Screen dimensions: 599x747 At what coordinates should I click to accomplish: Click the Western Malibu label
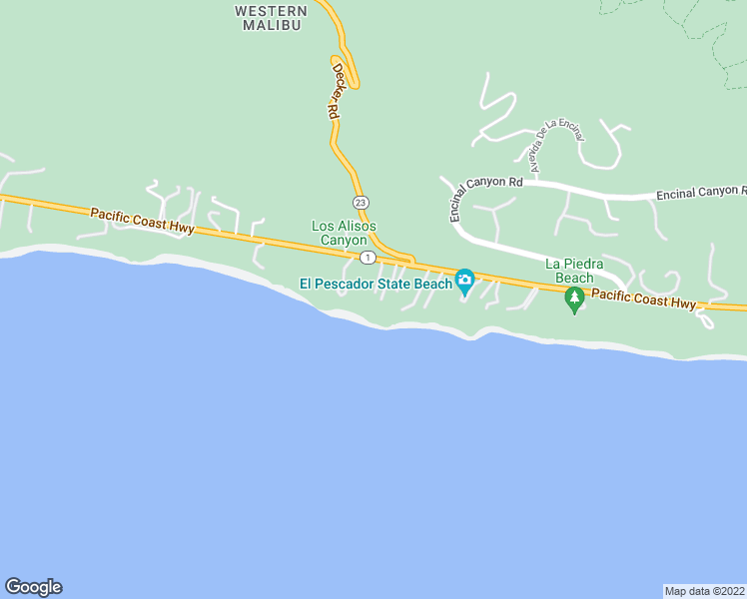coord(271,18)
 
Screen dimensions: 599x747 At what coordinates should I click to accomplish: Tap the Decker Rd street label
coord(335,94)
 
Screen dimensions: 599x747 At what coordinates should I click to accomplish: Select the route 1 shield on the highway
coord(368,258)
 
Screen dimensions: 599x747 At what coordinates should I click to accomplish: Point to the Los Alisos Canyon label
coord(344,234)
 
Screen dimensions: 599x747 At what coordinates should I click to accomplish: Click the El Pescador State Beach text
coord(376,284)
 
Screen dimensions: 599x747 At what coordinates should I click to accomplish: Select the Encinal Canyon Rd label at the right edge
coord(701,192)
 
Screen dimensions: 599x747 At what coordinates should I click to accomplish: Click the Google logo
coord(33,587)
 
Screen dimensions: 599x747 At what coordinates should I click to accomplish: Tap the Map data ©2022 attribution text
coord(705,591)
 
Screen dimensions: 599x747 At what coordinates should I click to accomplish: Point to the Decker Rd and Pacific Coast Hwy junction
coord(409,262)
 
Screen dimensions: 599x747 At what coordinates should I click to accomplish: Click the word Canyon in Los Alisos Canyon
coord(344,241)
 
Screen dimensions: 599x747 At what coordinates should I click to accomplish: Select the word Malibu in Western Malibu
coord(272,25)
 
